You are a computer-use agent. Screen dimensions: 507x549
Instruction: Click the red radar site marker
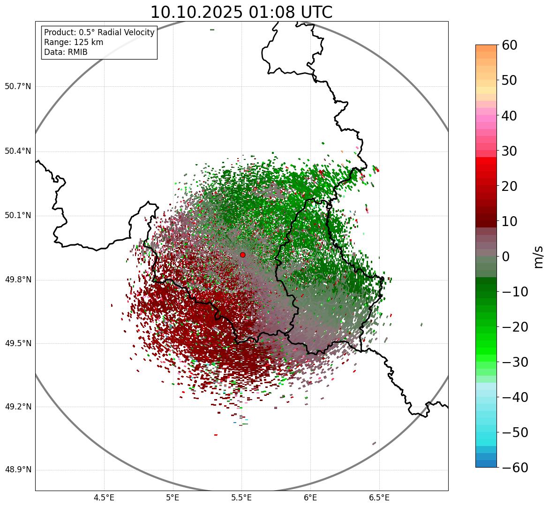[x=242, y=255]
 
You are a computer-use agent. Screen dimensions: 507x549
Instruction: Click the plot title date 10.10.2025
[x=196, y=13]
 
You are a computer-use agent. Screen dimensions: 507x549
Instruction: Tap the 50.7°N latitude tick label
[x=18, y=87]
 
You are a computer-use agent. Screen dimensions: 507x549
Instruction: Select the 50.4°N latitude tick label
[x=18, y=151]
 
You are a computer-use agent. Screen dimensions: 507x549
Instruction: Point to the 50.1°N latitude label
[x=18, y=216]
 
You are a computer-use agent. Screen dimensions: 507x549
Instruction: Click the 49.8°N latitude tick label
[x=18, y=280]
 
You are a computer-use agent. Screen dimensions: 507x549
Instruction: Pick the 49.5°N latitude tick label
[x=18, y=343]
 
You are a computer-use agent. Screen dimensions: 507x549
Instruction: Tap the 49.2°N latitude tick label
[x=18, y=407]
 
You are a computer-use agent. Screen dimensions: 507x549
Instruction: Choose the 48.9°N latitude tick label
[x=18, y=470]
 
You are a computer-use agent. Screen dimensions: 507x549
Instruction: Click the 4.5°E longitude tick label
[x=104, y=498]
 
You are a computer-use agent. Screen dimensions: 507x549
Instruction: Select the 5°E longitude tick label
[x=173, y=498]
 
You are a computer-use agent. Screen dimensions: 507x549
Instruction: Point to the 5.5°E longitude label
[x=241, y=498]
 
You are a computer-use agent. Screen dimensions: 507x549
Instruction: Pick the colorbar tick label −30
[x=515, y=362]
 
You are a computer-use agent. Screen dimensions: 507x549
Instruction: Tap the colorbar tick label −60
[x=515, y=468]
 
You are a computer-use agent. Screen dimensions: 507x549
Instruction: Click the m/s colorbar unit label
[x=538, y=257]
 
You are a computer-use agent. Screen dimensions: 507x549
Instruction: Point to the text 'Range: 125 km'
[x=74, y=42]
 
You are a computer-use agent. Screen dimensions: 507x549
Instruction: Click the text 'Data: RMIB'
[x=66, y=52]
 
